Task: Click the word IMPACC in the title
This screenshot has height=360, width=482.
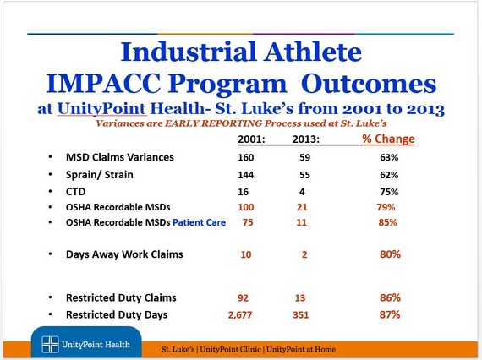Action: click(103, 84)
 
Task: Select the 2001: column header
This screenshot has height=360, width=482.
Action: click(251, 139)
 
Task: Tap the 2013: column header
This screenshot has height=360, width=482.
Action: click(306, 139)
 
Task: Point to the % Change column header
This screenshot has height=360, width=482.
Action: click(388, 139)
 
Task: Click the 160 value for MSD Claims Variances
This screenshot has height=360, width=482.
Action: click(245, 157)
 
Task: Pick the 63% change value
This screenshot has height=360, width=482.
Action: click(389, 157)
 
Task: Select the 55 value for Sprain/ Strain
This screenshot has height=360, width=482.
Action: click(304, 175)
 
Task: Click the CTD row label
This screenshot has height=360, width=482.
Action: click(75, 192)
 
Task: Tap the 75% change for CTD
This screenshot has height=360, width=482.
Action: click(389, 192)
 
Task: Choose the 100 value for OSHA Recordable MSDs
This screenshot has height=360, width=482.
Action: click(245, 207)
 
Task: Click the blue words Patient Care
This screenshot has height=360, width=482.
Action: click(200, 222)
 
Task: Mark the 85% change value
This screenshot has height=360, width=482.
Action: click(387, 222)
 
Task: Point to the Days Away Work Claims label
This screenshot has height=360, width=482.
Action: click(124, 254)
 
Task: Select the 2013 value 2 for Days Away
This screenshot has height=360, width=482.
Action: click(304, 254)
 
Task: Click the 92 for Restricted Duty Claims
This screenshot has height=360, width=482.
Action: click(243, 298)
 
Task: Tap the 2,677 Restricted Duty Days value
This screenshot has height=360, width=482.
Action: click(240, 315)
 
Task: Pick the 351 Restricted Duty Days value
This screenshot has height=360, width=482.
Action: click(300, 315)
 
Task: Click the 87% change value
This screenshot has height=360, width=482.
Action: click(390, 315)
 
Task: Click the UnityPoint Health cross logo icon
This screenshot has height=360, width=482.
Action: click(50, 344)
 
